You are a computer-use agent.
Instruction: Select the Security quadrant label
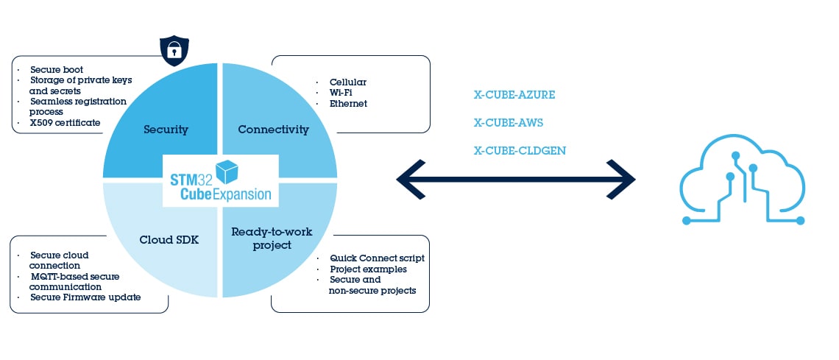(x=166, y=130)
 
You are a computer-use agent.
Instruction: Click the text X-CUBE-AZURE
(x=514, y=95)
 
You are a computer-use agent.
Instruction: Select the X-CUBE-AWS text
(x=509, y=123)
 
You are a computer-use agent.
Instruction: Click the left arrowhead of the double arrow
(x=409, y=178)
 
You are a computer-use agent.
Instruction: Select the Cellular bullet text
(x=347, y=82)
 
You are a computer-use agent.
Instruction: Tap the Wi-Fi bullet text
(x=341, y=93)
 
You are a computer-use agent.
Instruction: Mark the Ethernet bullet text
(x=348, y=104)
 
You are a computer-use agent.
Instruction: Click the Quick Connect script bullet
(x=376, y=258)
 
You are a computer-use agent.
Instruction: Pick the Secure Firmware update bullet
(x=85, y=297)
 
